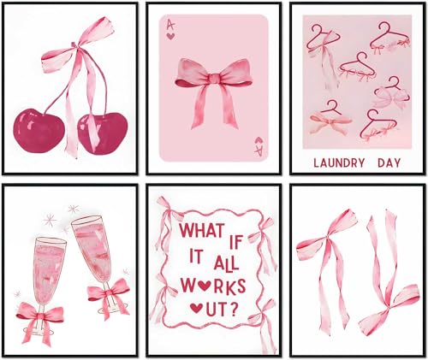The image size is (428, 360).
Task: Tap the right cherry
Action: [103, 132]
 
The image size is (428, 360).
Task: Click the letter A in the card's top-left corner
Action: [169, 27]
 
